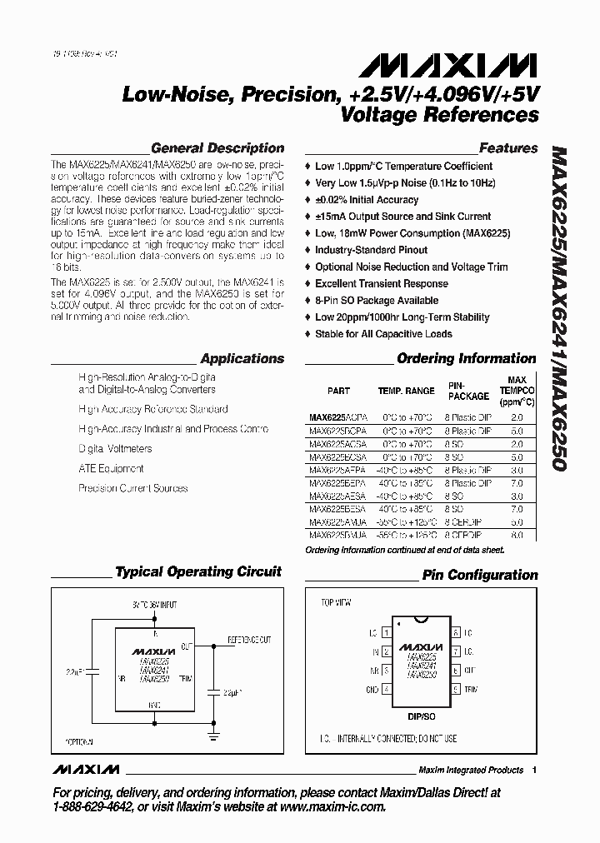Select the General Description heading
point(217,148)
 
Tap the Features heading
point(508,148)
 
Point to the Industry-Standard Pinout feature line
point(371,250)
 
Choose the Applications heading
point(242,359)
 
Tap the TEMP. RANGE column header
point(406,391)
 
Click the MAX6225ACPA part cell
point(336,416)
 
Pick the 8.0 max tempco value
point(517,535)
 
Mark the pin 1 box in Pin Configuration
point(385,633)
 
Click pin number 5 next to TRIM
point(456,690)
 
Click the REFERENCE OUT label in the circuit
point(250,640)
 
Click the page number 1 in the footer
point(534,770)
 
